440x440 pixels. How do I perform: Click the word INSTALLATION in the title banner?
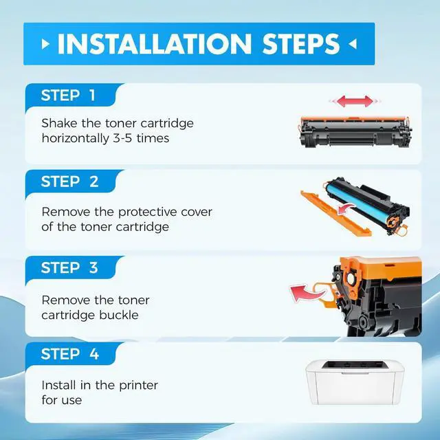(x=155, y=44)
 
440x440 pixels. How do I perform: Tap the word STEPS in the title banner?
(x=301, y=44)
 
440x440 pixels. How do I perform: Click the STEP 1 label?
(x=68, y=95)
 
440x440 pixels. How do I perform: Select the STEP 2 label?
(x=69, y=181)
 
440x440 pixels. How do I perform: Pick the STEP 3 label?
(x=69, y=267)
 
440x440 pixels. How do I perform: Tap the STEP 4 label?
(x=70, y=354)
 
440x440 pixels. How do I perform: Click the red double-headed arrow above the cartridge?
(x=355, y=101)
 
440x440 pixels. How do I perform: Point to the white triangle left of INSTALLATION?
(x=45, y=44)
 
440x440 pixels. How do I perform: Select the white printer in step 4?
(x=355, y=382)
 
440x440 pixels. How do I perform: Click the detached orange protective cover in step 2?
(x=335, y=213)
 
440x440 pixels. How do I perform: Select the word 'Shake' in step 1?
(x=59, y=123)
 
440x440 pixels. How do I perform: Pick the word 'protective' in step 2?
(x=147, y=212)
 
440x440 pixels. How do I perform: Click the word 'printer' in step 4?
(x=138, y=386)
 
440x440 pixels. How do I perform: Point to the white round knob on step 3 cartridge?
(x=351, y=279)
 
